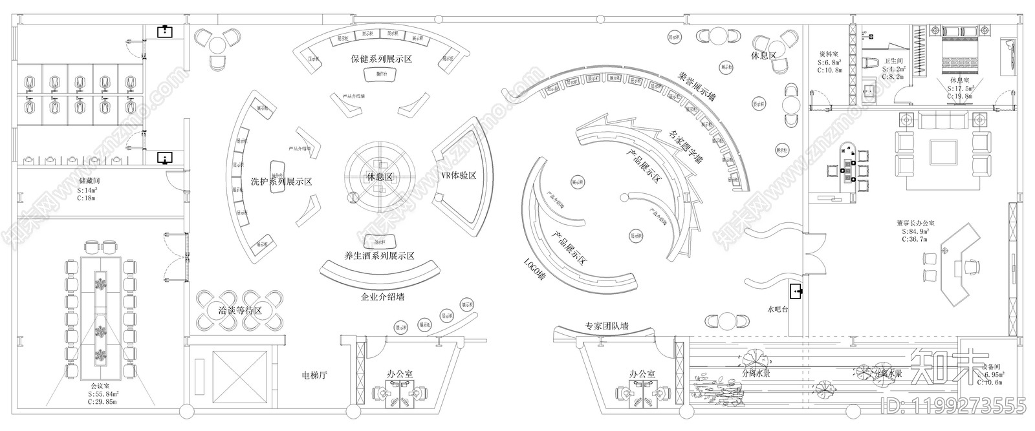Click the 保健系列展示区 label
tap(381, 59)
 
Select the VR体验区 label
tap(459, 176)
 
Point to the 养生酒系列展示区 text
tap(380, 256)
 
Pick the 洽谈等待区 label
tap(239, 311)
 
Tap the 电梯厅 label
tap(317, 375)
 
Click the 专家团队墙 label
tap(606, 326)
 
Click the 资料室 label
tap(829, 54)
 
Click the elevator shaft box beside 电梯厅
tap(229, 377)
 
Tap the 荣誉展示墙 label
tap(695, 87)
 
